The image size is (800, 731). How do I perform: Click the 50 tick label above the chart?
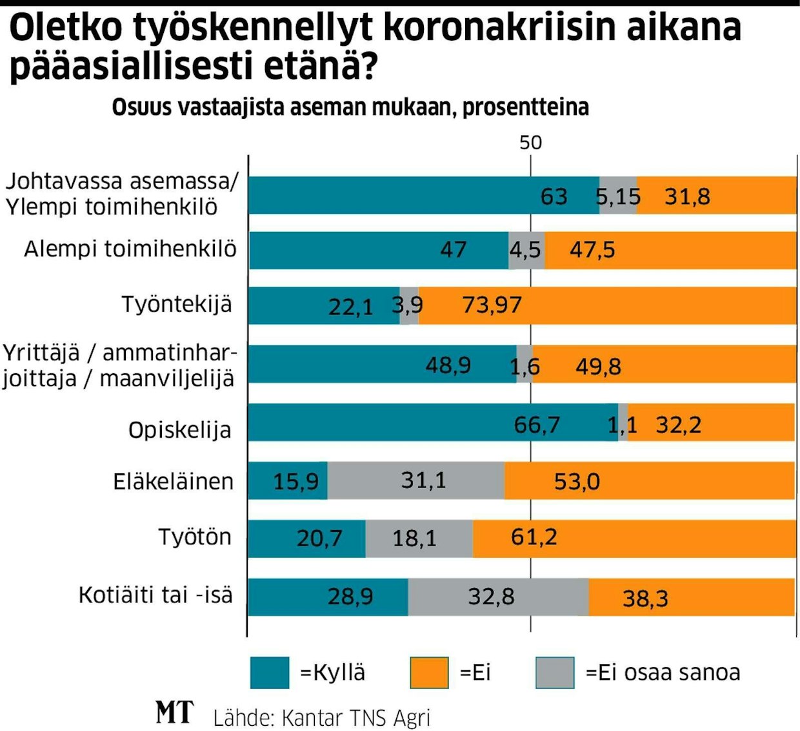[x=530, y=142]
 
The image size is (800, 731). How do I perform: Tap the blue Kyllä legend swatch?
[x=269, y=673]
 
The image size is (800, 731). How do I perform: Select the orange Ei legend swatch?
[x=429, y=673]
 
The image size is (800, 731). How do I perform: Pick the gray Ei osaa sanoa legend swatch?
[x=555, y=673]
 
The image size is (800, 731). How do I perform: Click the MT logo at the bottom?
[x=174, y=713]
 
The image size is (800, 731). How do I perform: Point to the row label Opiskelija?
[x=179, y=430]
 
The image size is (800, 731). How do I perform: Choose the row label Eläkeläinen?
[x=173, y=482]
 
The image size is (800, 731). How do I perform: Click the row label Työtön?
[x=195, y=537]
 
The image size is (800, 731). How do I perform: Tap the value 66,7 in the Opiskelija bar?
[x=537, y=425]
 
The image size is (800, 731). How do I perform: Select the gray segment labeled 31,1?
[x=423, y=480]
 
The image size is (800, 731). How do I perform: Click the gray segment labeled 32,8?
[x=491, y=597]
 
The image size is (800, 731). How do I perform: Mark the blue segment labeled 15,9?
[x=295, y=481]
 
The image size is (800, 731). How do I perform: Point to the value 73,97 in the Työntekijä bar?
[x=492, y=305]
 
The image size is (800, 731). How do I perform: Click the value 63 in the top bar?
[x=554, y=196]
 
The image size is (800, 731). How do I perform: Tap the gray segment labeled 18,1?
[x=415, y=539]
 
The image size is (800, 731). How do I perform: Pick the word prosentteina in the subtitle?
[x=525, y=107]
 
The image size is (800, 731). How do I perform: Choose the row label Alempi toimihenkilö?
[x=130, y=249]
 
